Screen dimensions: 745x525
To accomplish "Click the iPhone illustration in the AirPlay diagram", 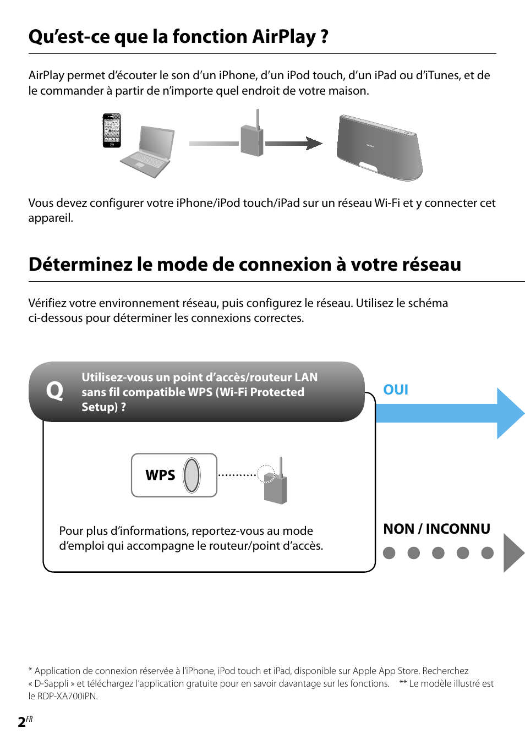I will click(x=112, y=130).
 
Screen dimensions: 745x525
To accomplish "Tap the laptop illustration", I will click(x=148, y=152).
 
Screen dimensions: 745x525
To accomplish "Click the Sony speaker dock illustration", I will click(x=379, y=148).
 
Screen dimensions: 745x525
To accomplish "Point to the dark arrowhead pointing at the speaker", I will click(x=314, y=144).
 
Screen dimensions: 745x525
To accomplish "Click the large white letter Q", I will click(x=54, y=391).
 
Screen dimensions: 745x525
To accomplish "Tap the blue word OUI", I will click(x=395, y=390).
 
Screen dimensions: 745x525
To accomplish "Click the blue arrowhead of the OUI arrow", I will click(x=510, y=413).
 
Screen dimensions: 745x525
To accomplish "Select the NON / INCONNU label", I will click(x=436, y=529).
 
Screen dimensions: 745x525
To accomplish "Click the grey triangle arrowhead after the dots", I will click(x=513, y=553).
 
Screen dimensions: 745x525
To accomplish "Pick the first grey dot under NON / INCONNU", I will click(x=389, y=553).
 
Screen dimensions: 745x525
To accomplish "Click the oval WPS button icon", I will click(x=192, y=475).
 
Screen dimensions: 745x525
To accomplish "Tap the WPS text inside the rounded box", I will click(x=160, y=475).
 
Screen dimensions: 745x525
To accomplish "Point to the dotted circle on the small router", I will click(x=266, y=473).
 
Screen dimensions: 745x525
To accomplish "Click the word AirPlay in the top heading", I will click(x=284, y=37).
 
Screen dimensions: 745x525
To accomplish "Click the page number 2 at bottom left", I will click(x=21, y=722).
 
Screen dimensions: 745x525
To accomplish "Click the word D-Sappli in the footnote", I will click(x=52, y=683).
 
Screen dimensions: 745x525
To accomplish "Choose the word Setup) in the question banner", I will click(x=100, y=407).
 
